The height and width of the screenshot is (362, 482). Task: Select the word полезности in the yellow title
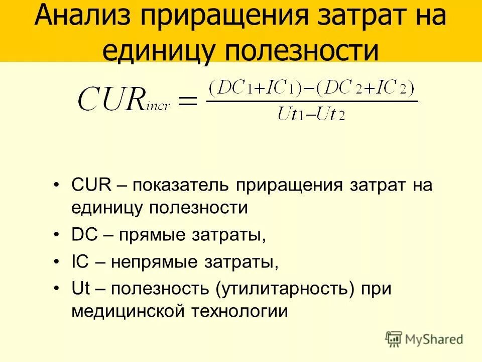(297, 51)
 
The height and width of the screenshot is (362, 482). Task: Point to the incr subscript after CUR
(158, 106)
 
